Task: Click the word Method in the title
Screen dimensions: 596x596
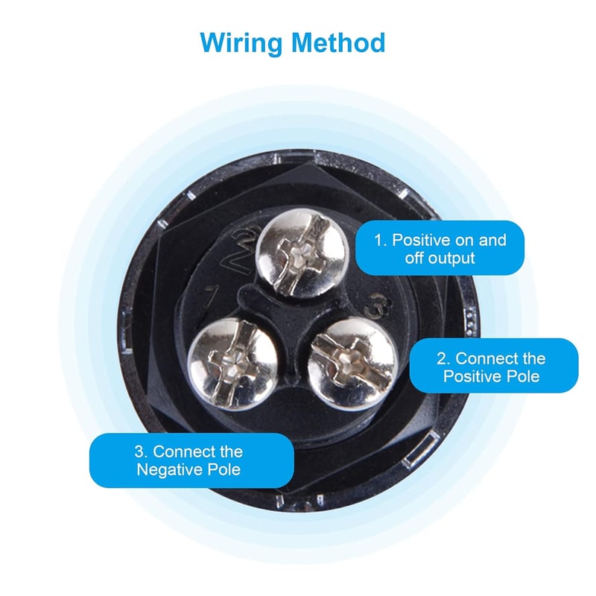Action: pos(339,42)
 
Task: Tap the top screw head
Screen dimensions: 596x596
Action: pos(301,253)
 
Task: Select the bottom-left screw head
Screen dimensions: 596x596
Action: pos(233,364)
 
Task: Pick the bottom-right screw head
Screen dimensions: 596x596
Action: pos(352,364)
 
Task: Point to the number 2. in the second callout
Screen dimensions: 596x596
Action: pos(443,358)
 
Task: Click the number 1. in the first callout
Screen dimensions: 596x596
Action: pos(381,240)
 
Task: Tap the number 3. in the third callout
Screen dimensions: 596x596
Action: pos(141,451)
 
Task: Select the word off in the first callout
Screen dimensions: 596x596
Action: pos(414,259)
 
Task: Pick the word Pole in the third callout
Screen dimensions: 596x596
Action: pos(224,470)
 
